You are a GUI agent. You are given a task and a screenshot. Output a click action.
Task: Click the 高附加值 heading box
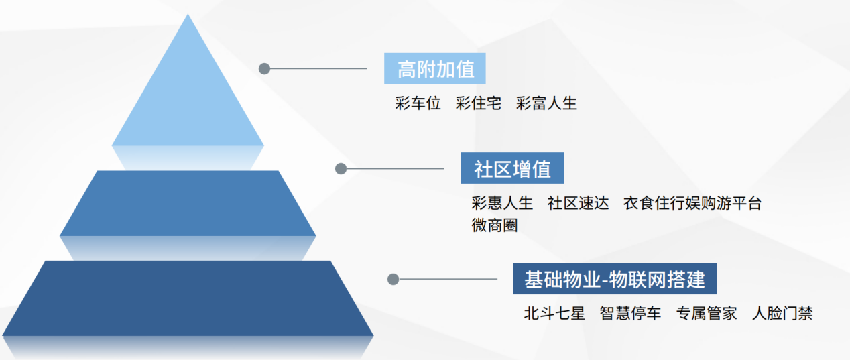click(435, 68)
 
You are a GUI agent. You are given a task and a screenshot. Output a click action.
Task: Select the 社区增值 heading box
click(512, 168)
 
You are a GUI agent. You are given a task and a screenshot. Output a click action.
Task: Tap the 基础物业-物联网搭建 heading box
click(615, 279)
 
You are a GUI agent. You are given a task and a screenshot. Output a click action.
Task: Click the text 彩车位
click(418, 103)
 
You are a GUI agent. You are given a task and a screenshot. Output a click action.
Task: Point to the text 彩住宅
click(479, 103)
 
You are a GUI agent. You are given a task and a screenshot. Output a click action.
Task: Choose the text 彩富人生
click(546, 103)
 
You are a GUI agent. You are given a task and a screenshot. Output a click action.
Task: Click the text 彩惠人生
click(502, 203)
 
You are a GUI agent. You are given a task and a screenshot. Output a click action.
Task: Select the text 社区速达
click(578, 203)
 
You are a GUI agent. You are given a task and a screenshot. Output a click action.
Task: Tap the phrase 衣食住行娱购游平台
click(692, 203)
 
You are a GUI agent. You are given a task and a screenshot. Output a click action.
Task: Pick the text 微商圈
click(495, 225)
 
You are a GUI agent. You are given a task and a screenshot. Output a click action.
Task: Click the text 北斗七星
click(554, 313)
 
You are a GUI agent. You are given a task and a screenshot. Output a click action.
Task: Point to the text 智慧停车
click(630, 313)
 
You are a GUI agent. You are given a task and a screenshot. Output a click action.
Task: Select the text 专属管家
click(707, 313)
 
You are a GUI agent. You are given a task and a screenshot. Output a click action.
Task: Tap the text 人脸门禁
click(782, 313)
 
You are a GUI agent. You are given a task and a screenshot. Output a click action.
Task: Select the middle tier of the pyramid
click(188, 203)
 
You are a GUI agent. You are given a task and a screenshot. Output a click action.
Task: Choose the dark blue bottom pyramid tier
click(188, 298)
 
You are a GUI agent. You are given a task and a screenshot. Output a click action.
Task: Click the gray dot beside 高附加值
click(265, 68)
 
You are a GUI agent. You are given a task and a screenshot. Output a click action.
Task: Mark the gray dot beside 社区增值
click(341, 168)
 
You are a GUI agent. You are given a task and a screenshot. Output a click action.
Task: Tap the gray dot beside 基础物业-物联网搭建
click(393, 279)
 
